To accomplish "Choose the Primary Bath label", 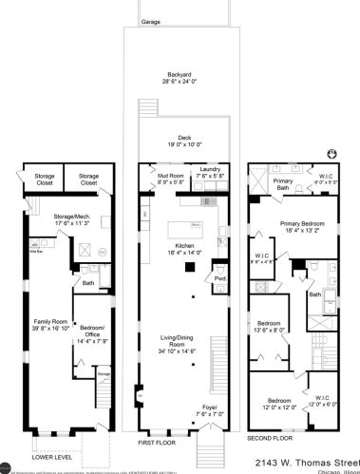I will (x=283, y=180).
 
